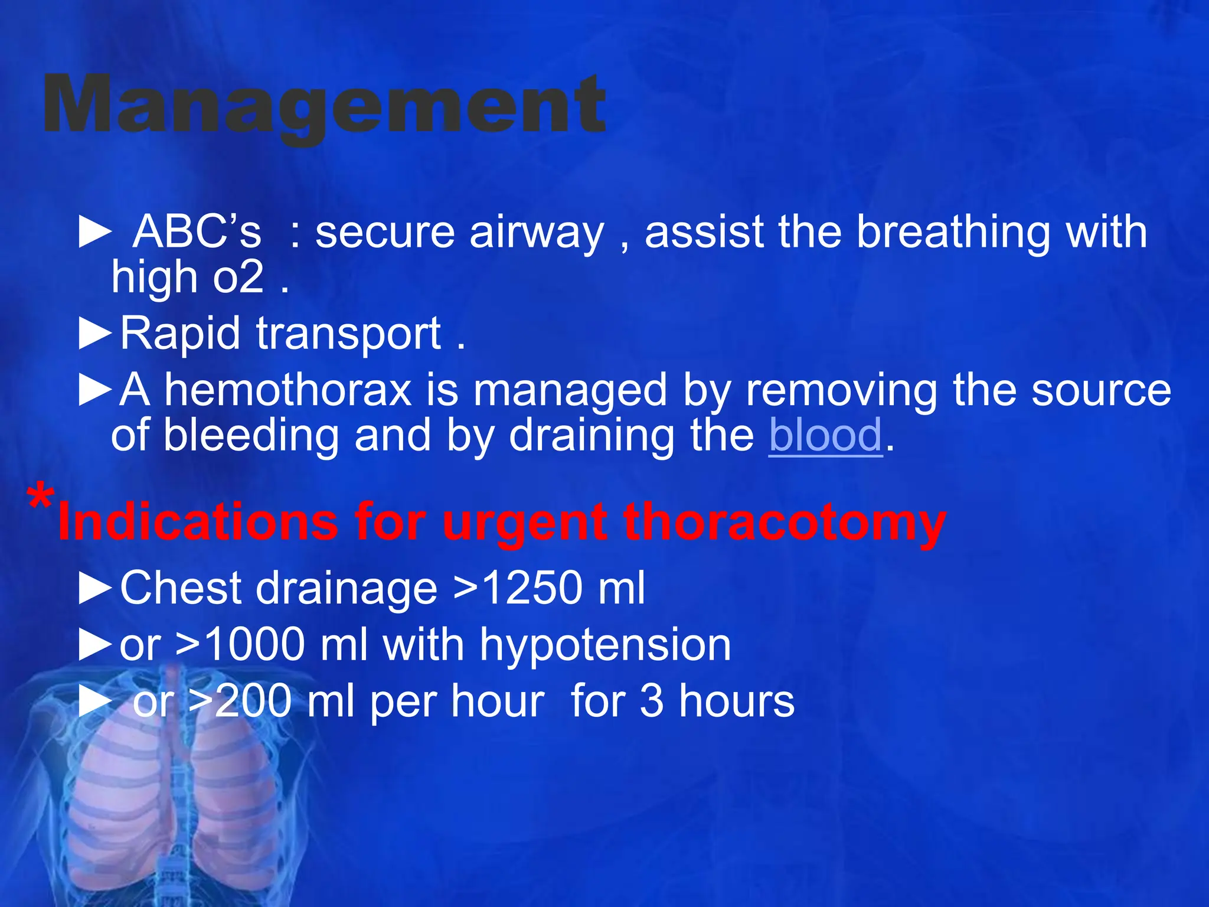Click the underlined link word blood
[x=825, y=435]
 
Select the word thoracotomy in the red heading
[x=785, y=523]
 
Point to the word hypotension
[x=605, y=644]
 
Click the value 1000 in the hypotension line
[x=255, y=644]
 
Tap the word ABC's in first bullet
[x=197, y=231]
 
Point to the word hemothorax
[x=287, y=390]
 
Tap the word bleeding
[x=251, y=435]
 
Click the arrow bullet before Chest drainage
[x=95, y=589]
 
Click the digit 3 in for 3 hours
[x=651, y=701]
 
